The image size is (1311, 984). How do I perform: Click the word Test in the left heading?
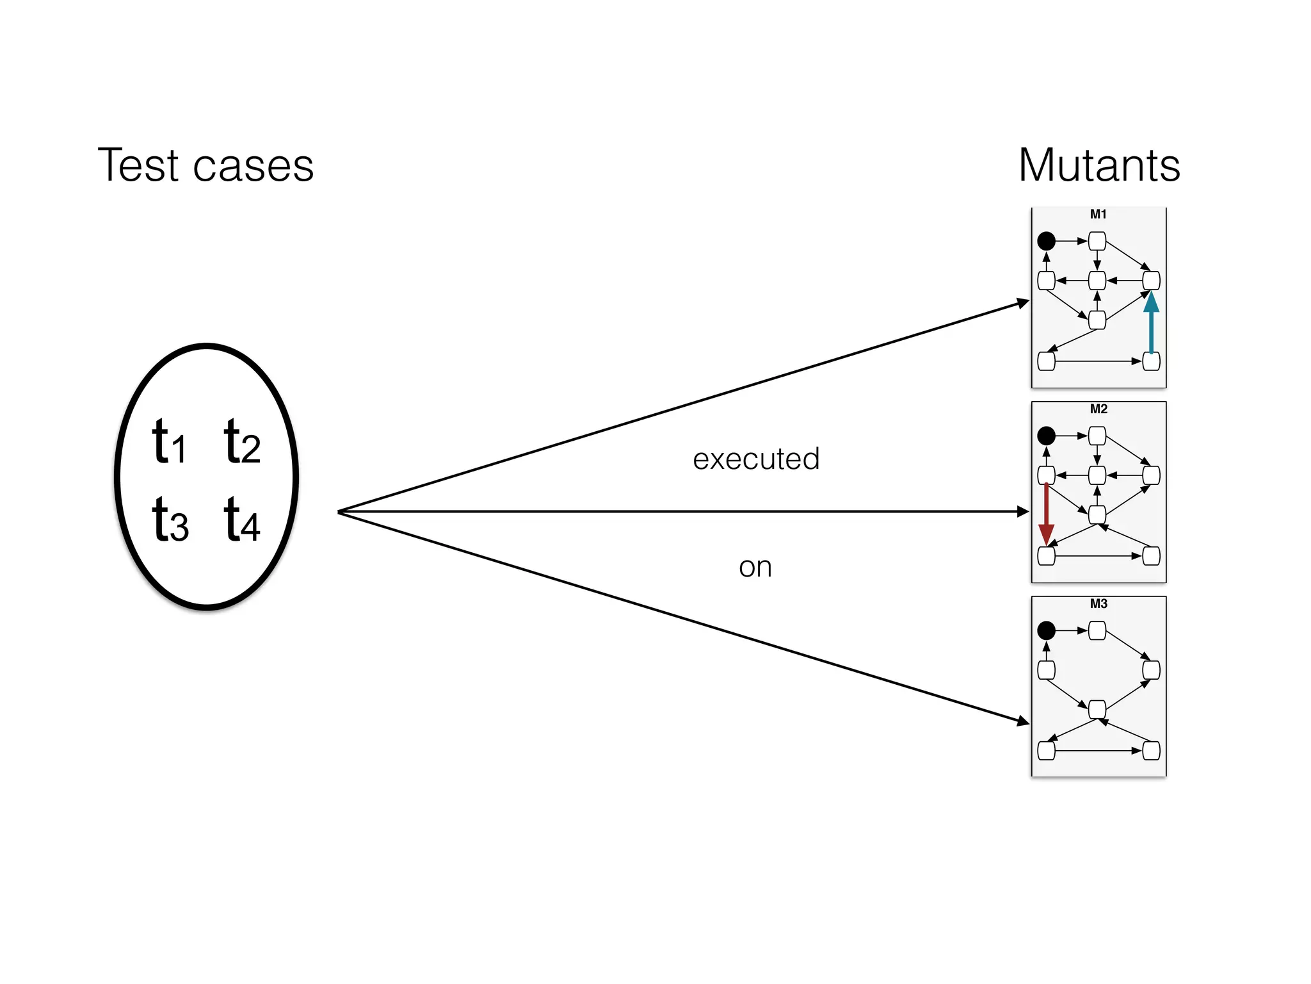[137, 165]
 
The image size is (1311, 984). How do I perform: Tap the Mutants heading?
[1098, 165]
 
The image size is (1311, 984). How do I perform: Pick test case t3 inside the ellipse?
[170, 520]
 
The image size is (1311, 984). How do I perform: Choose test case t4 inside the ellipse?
[241, 520]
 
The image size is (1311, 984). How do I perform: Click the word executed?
[755, 459]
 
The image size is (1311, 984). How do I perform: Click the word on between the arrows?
[755, 567]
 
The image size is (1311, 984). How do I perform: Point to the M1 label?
[1098, 214]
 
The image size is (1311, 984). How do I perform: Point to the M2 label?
[1098, 409]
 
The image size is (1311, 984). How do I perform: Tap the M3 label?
[1098, 603]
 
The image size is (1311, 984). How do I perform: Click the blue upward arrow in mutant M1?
[1151, 324]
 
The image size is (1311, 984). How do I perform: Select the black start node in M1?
[1046, 241]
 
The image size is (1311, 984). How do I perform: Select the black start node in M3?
[1046, 630]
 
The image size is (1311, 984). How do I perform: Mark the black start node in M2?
[1046, 436]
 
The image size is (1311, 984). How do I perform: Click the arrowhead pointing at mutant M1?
[1023, 302]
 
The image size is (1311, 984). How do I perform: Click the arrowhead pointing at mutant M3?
[1023, 721]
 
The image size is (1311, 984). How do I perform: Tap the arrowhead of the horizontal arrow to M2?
[1023, 511]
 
